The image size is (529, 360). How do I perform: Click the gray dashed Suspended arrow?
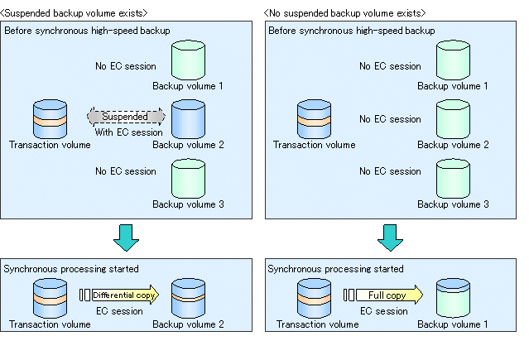pos(126,117)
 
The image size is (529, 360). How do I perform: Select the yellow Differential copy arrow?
pos(126,295)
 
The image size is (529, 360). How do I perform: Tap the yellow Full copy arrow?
pos(390,295)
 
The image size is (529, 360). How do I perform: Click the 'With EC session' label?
pos(128,132)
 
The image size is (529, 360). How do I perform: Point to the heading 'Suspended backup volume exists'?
pos(74,12)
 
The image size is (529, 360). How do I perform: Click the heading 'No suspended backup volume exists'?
pos(344,12)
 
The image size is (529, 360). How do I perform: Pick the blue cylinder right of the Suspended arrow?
pos(188,119)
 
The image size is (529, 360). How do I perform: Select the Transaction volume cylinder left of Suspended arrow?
pos(50,119)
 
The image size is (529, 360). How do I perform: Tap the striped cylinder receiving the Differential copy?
pos(188,298)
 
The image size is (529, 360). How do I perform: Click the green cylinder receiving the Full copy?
pos(453,298)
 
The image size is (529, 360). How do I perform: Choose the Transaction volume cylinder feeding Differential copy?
pos(50,298)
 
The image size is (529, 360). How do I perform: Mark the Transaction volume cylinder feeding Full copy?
pos(314,298)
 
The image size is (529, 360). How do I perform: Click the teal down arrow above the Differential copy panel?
pos(126,238)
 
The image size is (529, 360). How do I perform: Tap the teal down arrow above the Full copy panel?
pos(391,238)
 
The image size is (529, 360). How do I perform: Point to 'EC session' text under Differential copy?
pos(119,310)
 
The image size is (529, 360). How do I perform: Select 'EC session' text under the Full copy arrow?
pos(384,310)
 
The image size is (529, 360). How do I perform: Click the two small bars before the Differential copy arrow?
pos(84,295)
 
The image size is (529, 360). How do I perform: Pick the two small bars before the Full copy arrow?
pos(349,295)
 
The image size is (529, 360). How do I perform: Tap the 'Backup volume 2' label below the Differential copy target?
pos(188,324)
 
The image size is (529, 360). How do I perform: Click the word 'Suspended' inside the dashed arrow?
pos(125,117)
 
